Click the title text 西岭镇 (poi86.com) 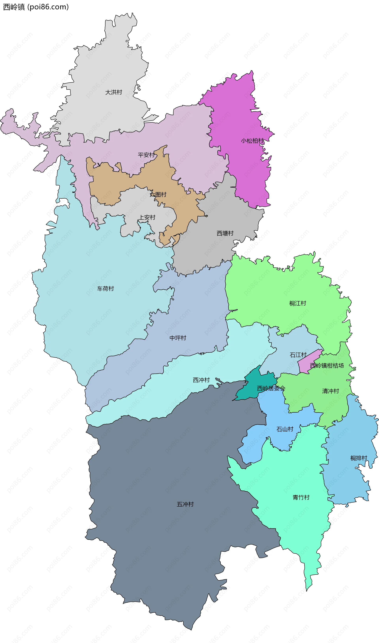coord(36,7)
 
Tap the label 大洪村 coord(114,92)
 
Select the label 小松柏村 coord(252,141)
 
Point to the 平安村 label coord(146,155)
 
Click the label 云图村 coord(158,195)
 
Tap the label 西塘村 coord(225,233)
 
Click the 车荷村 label coord(105,289)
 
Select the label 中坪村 coord(178,338)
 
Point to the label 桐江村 coord(297,303)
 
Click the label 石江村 coord(298,355)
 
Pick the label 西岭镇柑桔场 coord(327,365)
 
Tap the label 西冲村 coord(201,380)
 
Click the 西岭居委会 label coord(271,388)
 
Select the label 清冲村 coord(330,391)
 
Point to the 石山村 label coord(285,429)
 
